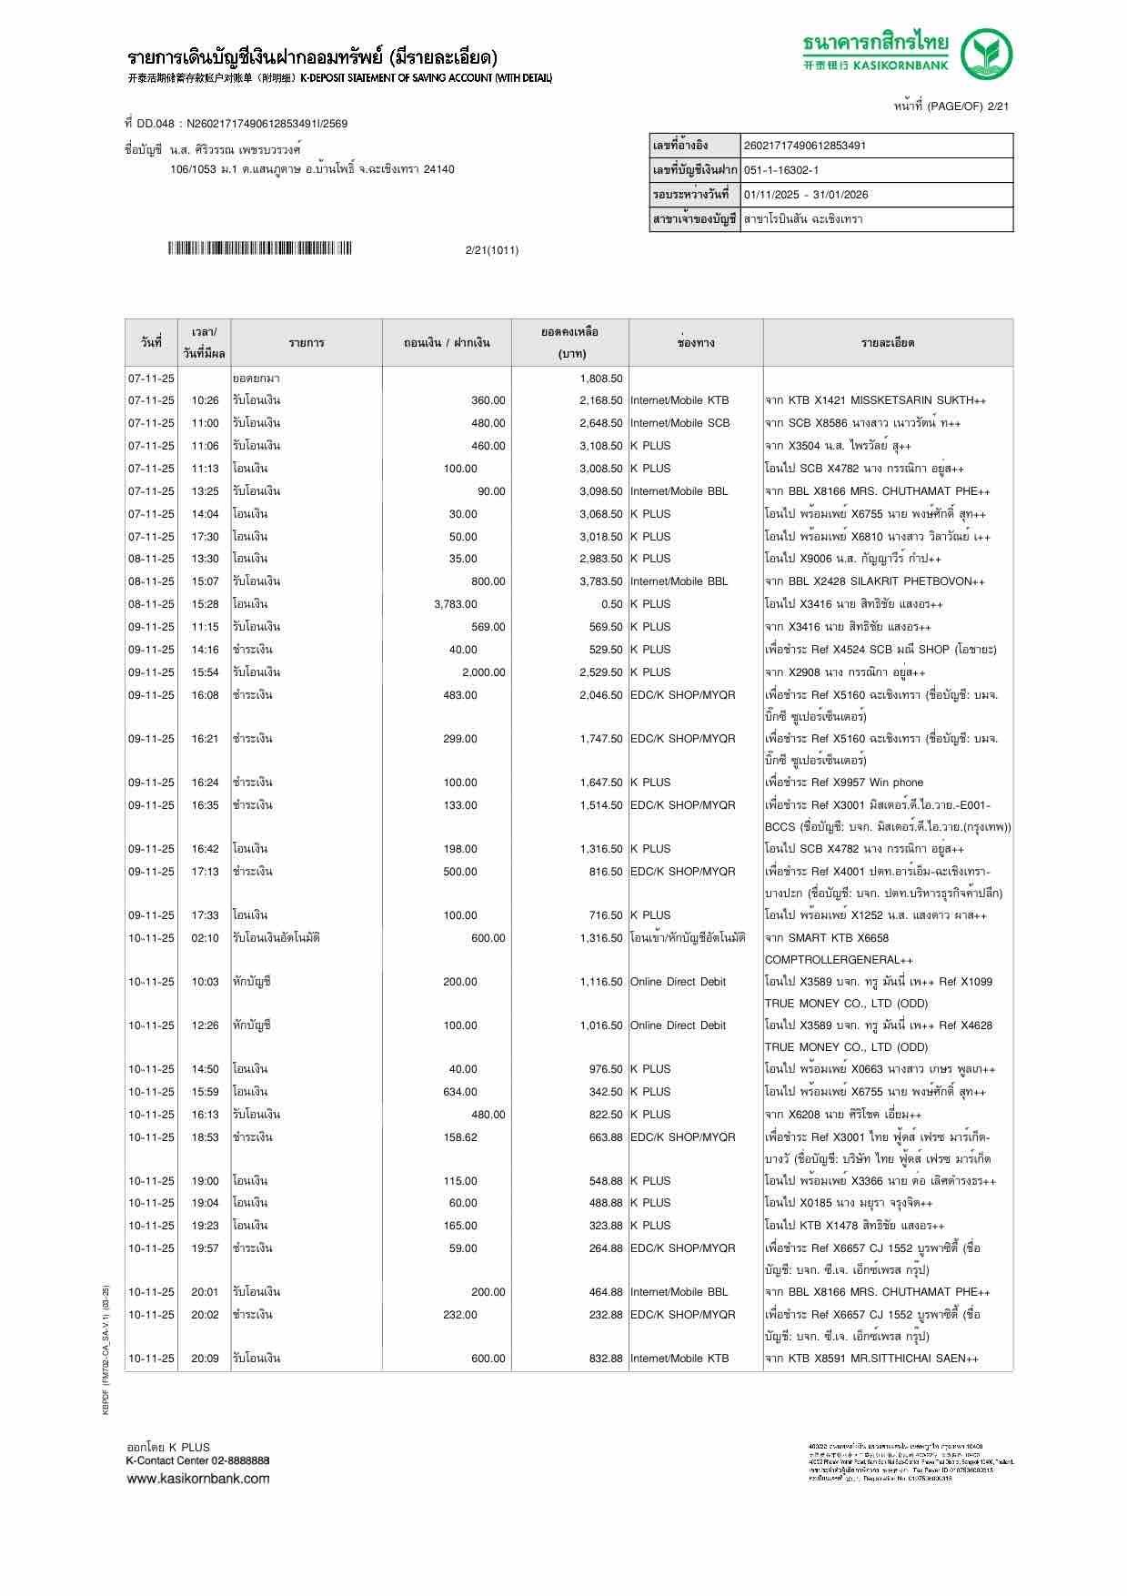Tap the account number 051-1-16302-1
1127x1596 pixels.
[x=781, y=170]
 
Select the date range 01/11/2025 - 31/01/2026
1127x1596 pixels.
[x=806, y=195]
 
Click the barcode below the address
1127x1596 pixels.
[x=260, y=248]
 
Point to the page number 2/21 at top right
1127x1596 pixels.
[x=998, y=106]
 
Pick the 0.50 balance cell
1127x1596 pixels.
[x=611, y=604]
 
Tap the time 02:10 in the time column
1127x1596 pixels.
[x=205, y=938]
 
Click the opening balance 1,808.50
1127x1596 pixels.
[x=600, y=378]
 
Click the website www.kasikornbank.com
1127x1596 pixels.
[x=198, y=1479]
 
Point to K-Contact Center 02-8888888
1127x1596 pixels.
[x=197, y=1460]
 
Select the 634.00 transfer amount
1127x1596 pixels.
[x=459, y=1092]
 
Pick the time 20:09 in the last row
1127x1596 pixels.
[x=205, y=1359]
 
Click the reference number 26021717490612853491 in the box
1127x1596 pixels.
[x=805, y=146]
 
